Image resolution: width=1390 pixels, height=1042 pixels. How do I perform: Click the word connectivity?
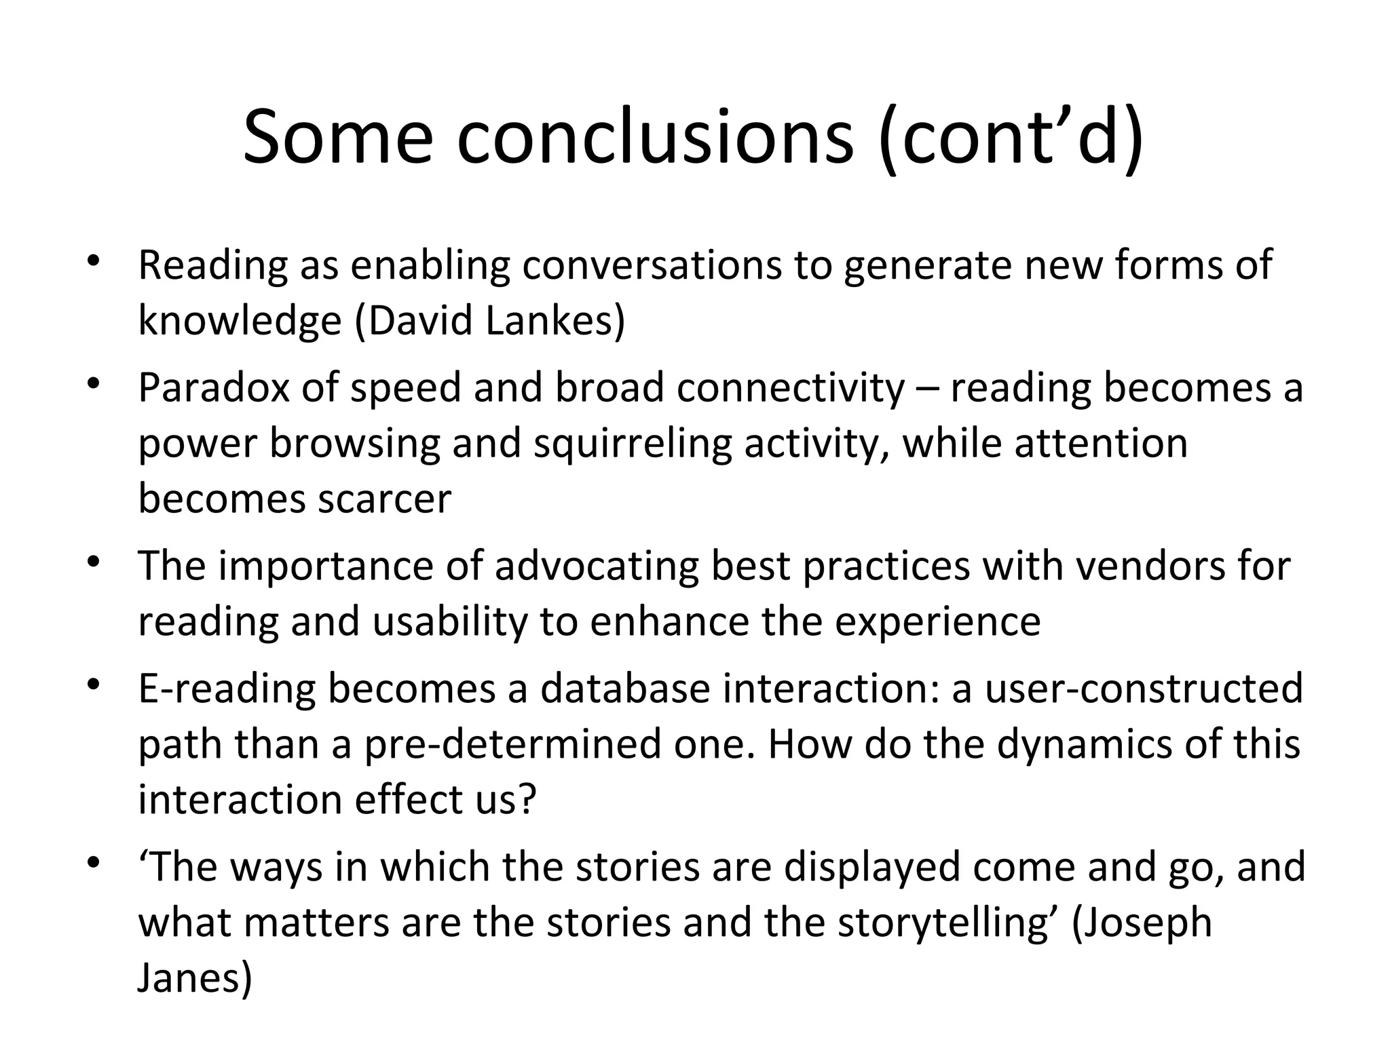(791, 388)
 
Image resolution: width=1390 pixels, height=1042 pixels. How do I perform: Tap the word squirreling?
(632, 444)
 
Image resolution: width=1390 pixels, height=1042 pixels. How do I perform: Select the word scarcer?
(384, 499)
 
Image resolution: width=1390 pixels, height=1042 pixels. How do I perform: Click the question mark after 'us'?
(525, 799)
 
